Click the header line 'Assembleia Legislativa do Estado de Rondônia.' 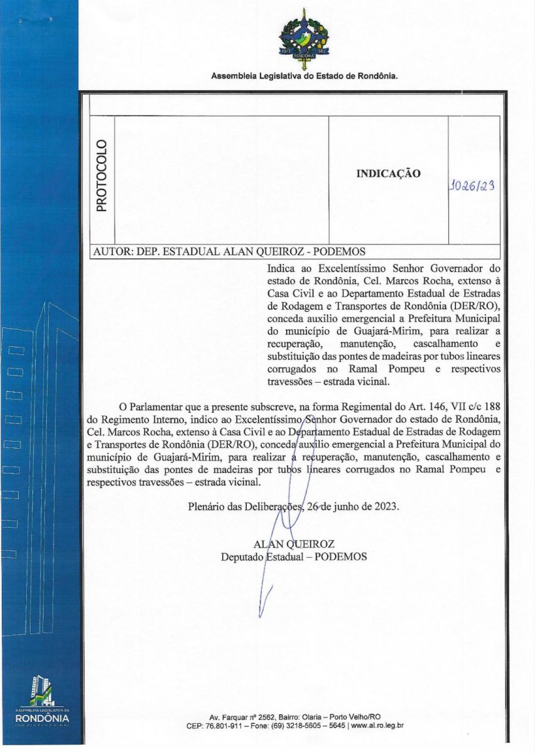coord(305,76)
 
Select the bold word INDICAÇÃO coord(388,174)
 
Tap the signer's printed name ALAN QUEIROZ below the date coord(293,544)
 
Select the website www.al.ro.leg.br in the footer coord(377,725)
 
